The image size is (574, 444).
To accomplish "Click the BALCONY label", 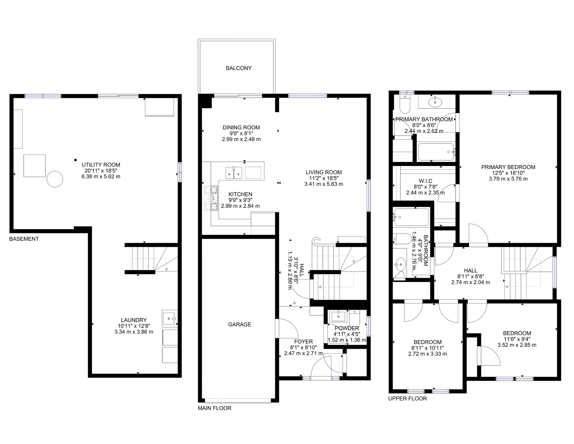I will coord(238,68).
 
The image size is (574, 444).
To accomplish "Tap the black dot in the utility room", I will coord(75,160).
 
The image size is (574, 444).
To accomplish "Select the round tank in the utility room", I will coord(55,179).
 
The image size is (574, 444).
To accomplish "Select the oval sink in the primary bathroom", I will coord(435,102).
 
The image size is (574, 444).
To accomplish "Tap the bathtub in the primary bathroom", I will coord(436,152).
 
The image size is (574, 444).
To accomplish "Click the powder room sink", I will coord(339,316).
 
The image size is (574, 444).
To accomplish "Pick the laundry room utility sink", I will coord(170,318).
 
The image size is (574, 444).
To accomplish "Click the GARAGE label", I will coord(239,324).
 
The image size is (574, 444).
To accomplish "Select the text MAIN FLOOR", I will coord(214,408).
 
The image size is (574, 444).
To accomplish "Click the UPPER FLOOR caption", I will coord(407,398).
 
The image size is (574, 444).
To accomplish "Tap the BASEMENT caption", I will coord(24,239).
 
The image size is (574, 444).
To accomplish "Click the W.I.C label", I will coord(425,181).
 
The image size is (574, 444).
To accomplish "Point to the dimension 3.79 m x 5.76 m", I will coord(508,179).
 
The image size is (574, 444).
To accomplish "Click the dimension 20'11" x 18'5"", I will coord(101,171).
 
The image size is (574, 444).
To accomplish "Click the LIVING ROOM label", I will coord(323,172).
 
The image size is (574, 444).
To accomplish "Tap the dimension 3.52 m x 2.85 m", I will coord(517,345).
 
